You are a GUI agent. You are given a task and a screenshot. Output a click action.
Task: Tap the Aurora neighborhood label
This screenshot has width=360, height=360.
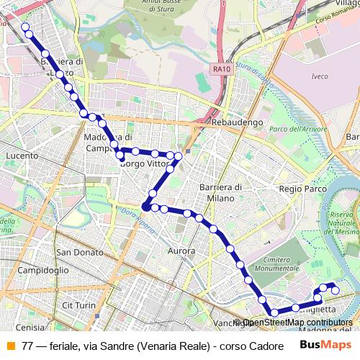click(181, 251)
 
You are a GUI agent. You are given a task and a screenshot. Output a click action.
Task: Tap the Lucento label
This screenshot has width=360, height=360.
click(21, 155)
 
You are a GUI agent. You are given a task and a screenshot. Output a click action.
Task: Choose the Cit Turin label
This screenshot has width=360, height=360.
click(79, 305)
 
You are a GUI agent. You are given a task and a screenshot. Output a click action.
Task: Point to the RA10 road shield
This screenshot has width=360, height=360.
click(221, 69)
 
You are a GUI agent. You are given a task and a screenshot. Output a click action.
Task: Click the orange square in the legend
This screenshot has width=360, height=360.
click(9, 345)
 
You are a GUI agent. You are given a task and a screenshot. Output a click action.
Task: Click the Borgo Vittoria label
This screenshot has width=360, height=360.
click(144, 164)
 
